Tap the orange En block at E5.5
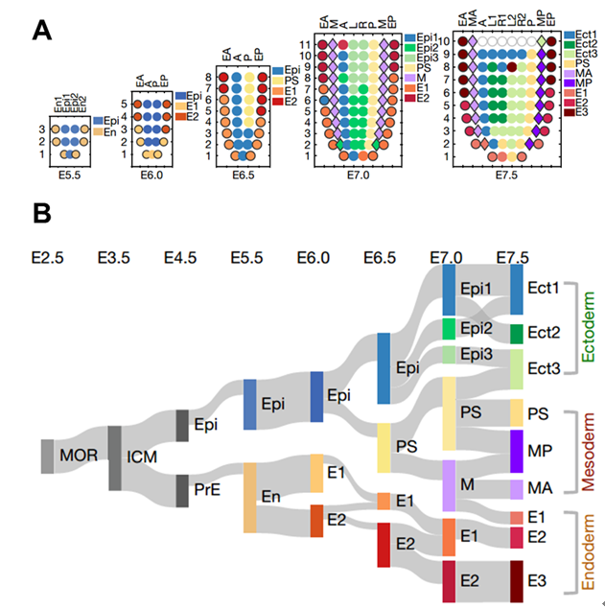pyautogui.click(x=249, y=498)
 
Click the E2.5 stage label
pyautogui.click(x=49, y=258)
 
